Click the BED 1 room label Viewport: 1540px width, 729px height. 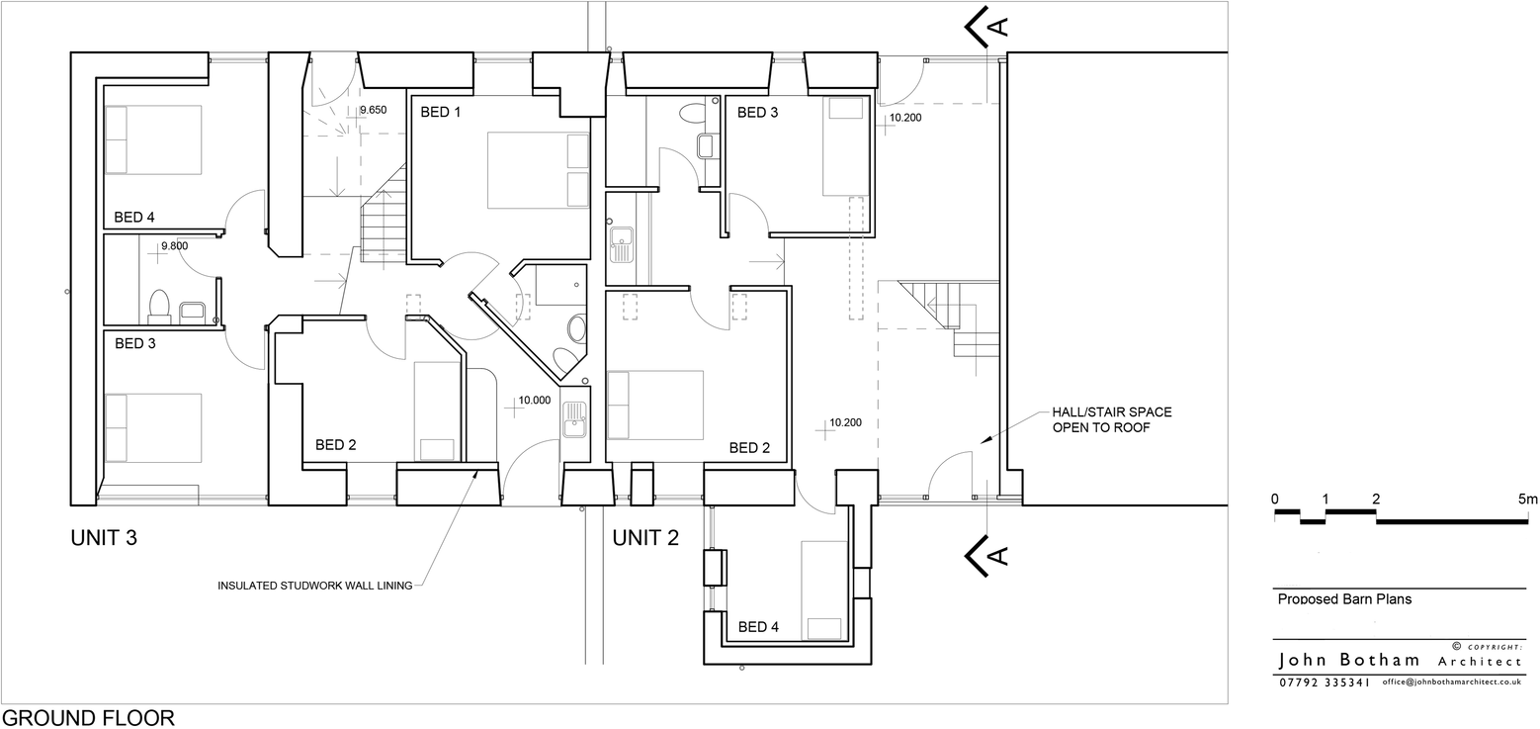441,113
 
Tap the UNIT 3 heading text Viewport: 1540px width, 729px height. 104,539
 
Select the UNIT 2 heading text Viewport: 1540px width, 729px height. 645,539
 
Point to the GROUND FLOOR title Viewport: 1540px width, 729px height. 88,718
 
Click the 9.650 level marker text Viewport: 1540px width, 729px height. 373,110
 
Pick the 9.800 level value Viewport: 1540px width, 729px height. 174,246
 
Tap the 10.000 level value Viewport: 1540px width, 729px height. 534,401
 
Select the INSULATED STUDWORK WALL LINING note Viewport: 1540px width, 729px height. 314,586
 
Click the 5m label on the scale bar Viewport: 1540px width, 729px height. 1528,499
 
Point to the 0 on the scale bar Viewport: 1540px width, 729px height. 1275,499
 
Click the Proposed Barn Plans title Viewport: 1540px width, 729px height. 1344,598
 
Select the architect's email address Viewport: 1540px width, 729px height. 1452,683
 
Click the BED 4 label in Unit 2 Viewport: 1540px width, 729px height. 758,627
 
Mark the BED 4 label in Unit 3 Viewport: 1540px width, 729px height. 134,218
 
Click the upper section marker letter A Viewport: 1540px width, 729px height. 1000,26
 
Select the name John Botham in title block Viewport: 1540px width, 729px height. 1349,661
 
